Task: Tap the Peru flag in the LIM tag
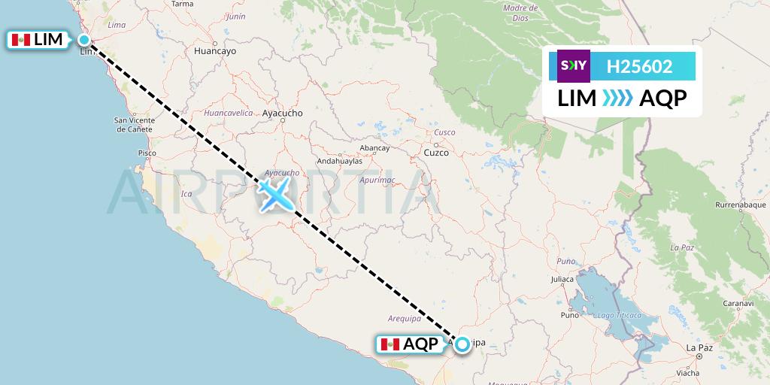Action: (21, 40)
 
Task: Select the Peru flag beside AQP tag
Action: (390, 344)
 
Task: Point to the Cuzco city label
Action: (436, 153)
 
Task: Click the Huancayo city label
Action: (215, 52)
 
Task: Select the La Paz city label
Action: (699, 347)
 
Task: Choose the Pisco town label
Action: (147, 153)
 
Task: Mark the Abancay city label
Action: (375, 148)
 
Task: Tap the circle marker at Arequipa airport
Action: (462, 344)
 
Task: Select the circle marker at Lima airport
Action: (85, 40)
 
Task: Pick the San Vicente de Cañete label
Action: (135, 124)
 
